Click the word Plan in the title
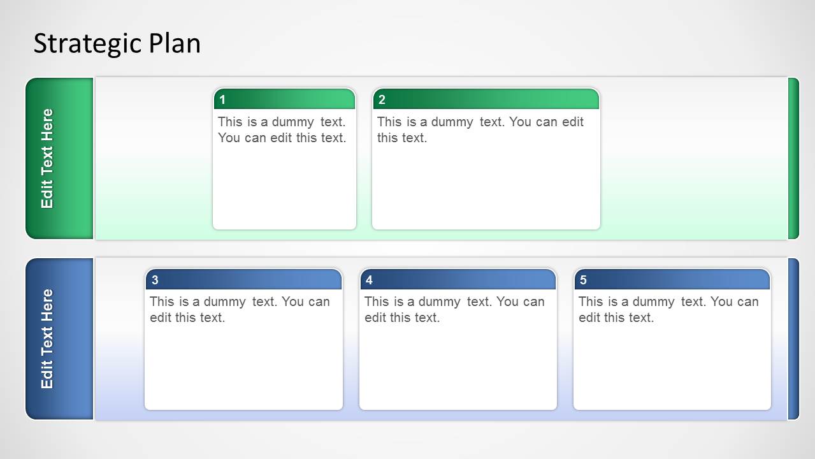(x=175, y=44)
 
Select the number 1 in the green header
(x=222, y=100)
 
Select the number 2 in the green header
(x=382, y=100)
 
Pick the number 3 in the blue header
(x=155, y=280)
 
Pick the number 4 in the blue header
(x=369, y=280)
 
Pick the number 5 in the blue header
(x=583, y=280)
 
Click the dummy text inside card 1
(x=282, y=130)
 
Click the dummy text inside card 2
(x=480, y=130)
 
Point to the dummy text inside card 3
(x=240, y=310)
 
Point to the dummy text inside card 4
(x=454, y=310)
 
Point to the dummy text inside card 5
(x=668, y=310)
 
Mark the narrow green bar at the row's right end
(x=793, y=158)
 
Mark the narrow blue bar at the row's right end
(x=793, y=339)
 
